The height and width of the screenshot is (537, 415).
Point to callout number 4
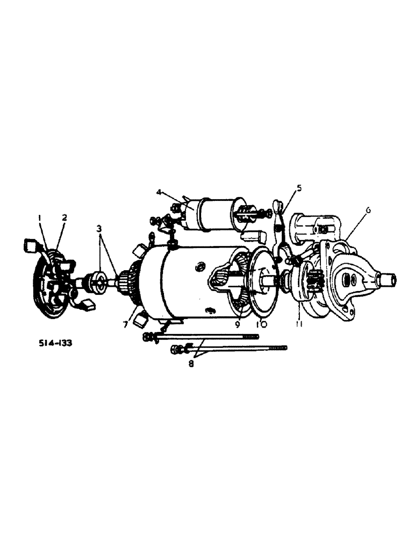click(x=159, y=192)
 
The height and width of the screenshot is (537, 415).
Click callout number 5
click(x=299, y=187)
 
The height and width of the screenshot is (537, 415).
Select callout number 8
click(x=191, y=363)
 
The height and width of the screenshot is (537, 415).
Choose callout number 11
click(x=298, y=324)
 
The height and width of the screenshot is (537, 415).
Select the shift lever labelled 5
click(x=280, y=231)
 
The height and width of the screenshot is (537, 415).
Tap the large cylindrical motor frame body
click(x=183, y=279)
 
